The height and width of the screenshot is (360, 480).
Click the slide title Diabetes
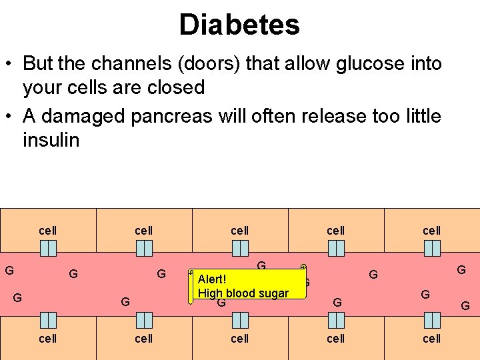[x=239, y=25]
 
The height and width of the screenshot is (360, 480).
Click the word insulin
[x=51, y=140]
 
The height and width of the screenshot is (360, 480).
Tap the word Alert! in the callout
[x=213, y=279]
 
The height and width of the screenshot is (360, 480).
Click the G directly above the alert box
[x=261, y=266]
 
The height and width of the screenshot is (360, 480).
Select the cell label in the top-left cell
[x=48, y=231]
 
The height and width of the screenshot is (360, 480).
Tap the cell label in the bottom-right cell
[x=432, y=339]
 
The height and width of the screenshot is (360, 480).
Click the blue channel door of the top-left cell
[x=48, y=248]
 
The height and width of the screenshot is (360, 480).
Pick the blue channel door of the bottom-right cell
[x=432, y=321]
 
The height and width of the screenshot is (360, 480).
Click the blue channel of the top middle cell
[x=240, y=248]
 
